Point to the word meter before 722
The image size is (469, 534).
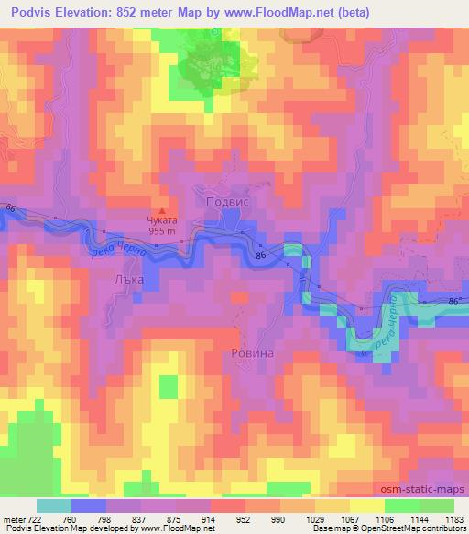[16, 518]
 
